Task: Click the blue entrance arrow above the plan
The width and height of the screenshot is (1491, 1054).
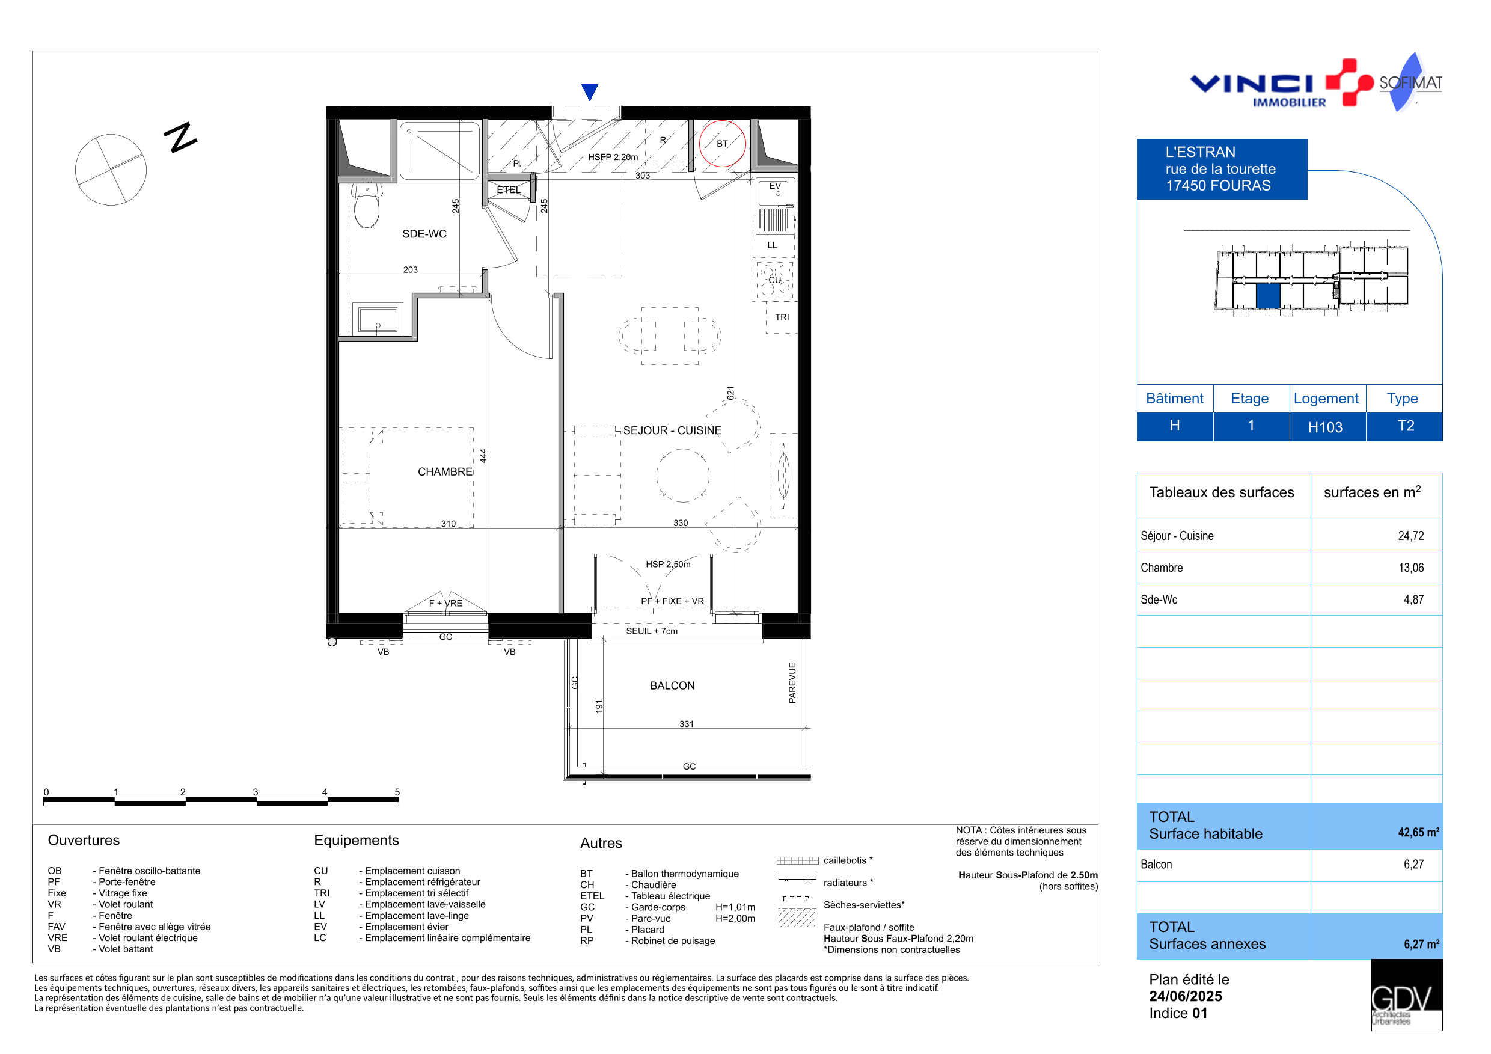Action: [590, 91]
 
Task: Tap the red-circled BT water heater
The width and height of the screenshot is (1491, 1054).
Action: [722, 144]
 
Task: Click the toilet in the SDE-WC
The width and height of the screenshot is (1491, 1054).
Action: [367, 205]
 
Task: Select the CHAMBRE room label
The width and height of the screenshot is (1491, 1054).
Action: [445, 472]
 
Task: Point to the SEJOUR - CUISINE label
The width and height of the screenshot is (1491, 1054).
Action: [672, 430]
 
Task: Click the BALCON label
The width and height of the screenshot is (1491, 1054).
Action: [672, 686]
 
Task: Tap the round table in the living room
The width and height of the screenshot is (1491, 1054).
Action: [682, 475]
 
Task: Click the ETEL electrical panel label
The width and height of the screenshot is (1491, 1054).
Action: [509, 189]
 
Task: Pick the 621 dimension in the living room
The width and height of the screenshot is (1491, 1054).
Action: [730, 393]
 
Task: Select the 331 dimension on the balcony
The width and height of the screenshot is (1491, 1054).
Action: [687, 724]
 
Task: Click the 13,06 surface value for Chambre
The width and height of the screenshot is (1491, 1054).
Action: [1410, 568]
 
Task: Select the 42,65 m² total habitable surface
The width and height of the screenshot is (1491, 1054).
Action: [1418, 832]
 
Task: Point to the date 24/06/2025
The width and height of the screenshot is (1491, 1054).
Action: [1185, 996]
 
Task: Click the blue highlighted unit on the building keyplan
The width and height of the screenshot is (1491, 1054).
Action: [1267, 295]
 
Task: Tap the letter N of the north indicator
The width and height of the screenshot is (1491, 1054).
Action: [180, 137]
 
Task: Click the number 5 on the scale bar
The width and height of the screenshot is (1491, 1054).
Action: [397, 792]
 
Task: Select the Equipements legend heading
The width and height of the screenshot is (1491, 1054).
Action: [357, 841]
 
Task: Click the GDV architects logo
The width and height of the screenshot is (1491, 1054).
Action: [1407, 995]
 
